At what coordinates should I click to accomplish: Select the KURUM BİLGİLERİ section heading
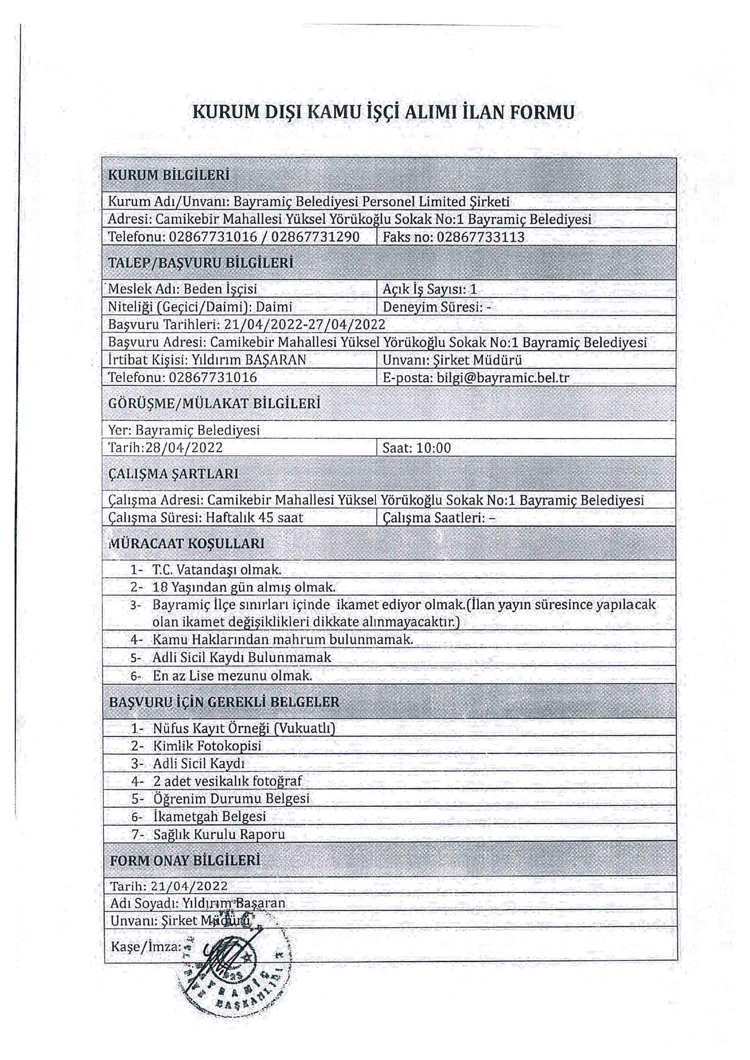point(169,175)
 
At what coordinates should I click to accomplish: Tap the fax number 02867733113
point(480,237)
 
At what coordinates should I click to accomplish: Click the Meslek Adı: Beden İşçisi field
point(182,289)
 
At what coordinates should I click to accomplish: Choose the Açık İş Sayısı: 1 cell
point(430,289)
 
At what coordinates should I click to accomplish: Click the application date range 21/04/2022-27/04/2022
point(304,324)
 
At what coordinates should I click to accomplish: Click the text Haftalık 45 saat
point(254,518)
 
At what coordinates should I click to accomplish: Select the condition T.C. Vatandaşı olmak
point(216,570)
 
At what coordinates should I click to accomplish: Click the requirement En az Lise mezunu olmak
point(232,676)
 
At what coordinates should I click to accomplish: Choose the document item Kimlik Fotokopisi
point(207,746)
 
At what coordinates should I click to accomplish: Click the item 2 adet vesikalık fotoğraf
point(227,781)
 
